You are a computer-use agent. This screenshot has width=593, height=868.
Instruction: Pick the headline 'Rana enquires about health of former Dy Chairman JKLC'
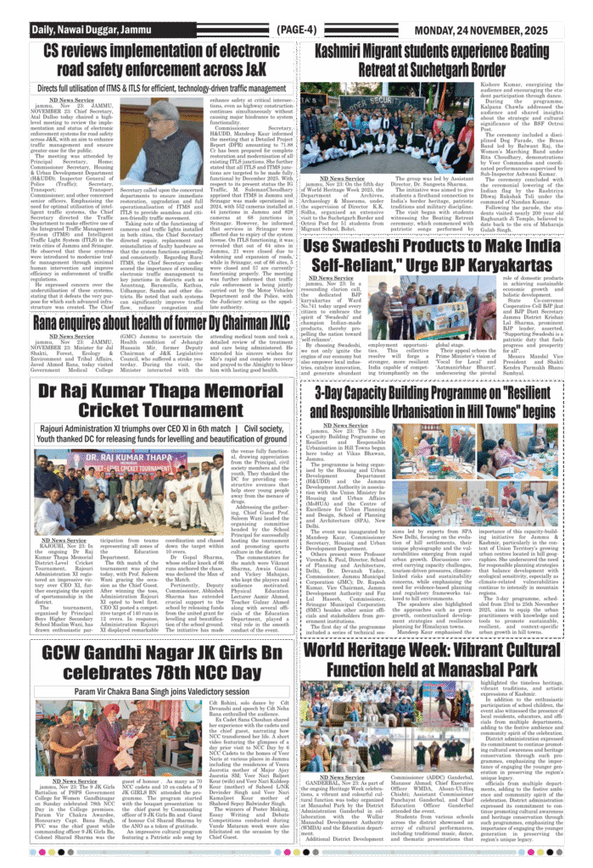point(160,323)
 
